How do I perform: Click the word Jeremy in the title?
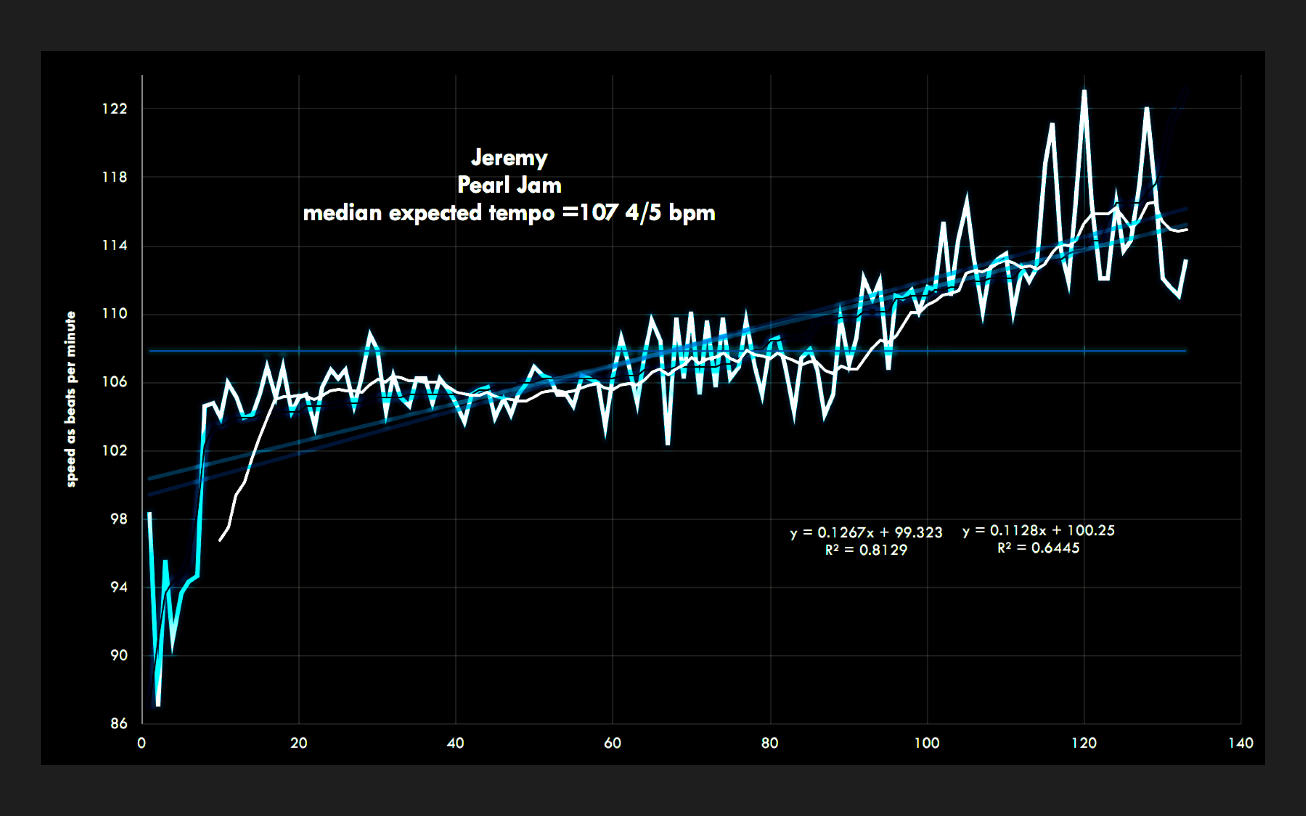click(x=509, y=158)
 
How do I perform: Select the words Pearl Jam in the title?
click(x=509, y=185)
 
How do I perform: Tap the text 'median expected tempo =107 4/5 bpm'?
click(x=509, y=213)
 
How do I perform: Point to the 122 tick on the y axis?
click(x=115, y=109)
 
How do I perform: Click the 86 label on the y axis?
click(x=119, y=724)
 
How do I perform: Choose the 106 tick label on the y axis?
click(x=115, y=382)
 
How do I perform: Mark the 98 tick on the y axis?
click(x=119, y=519)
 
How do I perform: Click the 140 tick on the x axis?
click(x=1240, y=743)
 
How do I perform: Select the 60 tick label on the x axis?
click(x=613, y=743)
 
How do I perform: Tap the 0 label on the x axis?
click(x=141, y=743)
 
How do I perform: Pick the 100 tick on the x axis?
click(x=926, y=743)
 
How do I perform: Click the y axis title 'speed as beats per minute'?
click(x=71, y=399)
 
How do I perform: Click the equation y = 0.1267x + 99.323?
click(x=866, y=533)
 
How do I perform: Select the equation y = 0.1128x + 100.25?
click(x=1038, y=530)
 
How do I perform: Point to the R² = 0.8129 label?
click(x=866, y=550)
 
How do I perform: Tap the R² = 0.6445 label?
click(x=1038, y=548)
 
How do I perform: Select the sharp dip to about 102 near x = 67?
click(x=668, y=444)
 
